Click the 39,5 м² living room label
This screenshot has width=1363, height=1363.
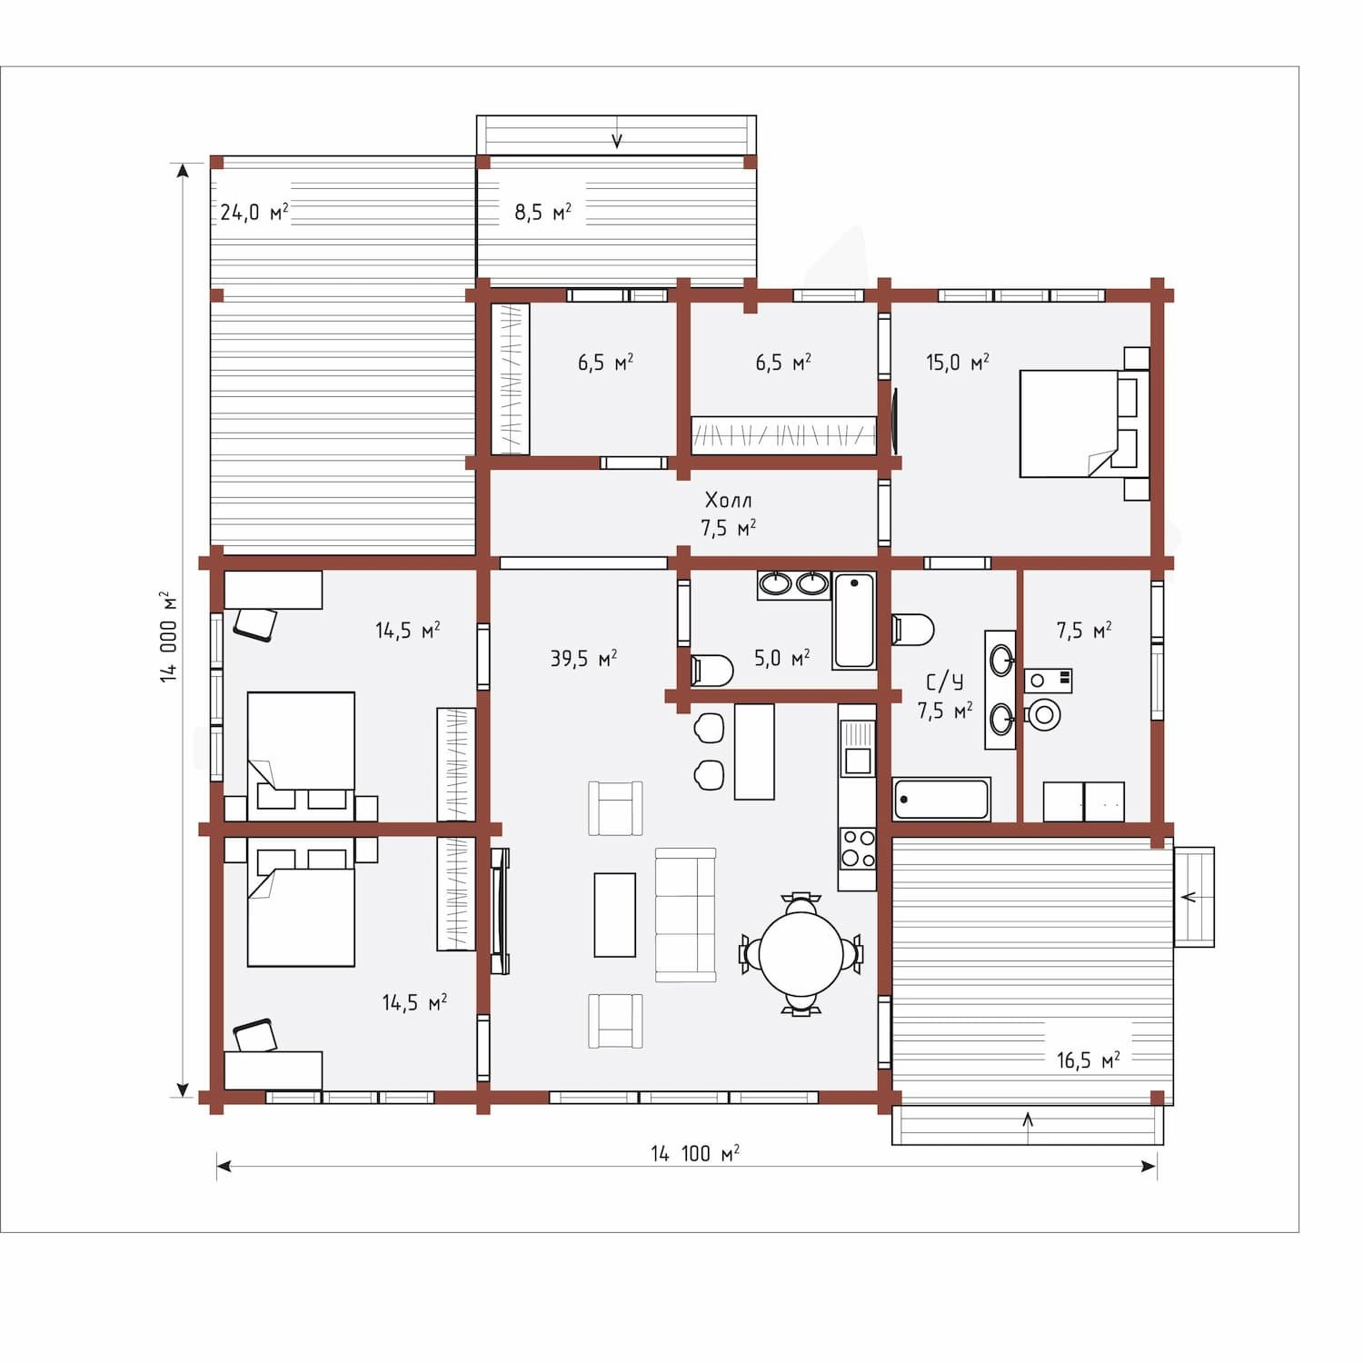(x=583, y=658)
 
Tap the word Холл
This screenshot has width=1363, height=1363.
(x=728, y=500)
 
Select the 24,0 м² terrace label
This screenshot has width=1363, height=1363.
(x=254, y=212)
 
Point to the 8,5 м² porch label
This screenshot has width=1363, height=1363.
(x=543, y=212)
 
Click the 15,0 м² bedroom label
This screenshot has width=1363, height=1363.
(x=958, y=363)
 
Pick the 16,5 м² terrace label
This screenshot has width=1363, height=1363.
(x=1088, y=1060)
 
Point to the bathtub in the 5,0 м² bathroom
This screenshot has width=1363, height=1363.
(x=854, y=621)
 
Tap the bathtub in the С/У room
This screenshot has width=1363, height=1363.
(x=941, y=799)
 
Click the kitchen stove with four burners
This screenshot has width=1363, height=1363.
(x=857, y=849)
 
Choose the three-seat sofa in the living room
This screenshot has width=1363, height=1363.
(x=686, y=915)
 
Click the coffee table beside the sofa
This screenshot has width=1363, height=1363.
(x=615, y=915)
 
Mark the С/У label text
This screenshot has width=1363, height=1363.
(x=945, y=681)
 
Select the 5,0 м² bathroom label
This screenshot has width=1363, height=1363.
(x=782, y=658)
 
